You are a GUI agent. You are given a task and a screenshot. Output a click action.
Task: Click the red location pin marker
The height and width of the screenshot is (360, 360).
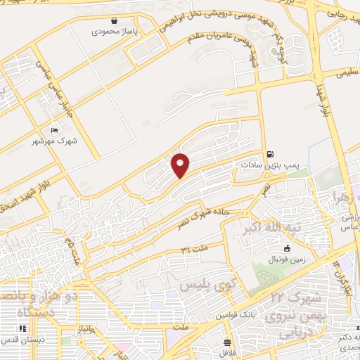(181, 165)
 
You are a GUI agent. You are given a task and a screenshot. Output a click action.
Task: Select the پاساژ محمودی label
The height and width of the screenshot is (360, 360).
(115, 32)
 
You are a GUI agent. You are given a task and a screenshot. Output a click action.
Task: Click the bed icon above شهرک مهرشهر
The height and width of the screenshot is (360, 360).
(56, 129)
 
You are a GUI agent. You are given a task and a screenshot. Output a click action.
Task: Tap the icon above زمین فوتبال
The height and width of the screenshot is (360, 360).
(287, 248)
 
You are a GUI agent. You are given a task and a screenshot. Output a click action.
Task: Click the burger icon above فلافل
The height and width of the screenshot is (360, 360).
(226, 344)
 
